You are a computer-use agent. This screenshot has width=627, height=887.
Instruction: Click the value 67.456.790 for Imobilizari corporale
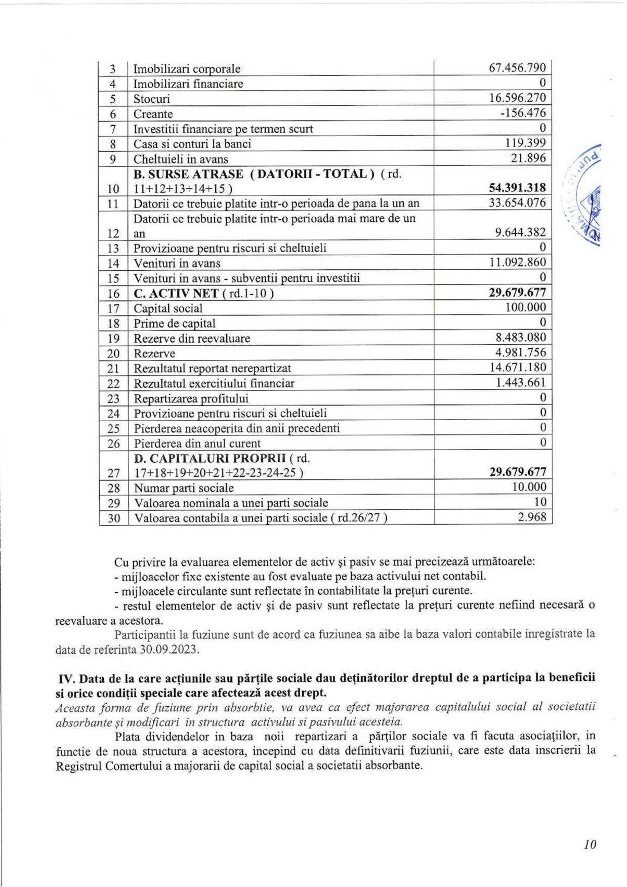[517, 68]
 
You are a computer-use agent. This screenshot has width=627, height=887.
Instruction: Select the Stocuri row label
[152, 99]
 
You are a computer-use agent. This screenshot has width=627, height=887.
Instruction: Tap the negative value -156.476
[523, 113]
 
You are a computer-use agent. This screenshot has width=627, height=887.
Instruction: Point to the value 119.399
[525, 143]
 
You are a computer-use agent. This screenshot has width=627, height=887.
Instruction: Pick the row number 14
[113, 263]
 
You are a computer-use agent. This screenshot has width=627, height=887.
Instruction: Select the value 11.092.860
[517, 262]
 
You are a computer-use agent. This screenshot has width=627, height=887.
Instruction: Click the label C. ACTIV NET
[176, 294]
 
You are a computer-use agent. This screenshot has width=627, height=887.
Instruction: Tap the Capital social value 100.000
[525, 307]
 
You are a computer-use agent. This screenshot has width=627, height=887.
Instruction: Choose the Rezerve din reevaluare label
[192, 338]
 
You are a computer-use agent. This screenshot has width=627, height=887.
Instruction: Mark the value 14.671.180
[517, 368]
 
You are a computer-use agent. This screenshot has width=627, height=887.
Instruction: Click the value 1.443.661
[521, 383]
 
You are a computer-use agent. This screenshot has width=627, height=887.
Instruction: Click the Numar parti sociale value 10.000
[529, 487]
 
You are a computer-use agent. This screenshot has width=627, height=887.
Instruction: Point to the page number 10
[590, 844]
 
